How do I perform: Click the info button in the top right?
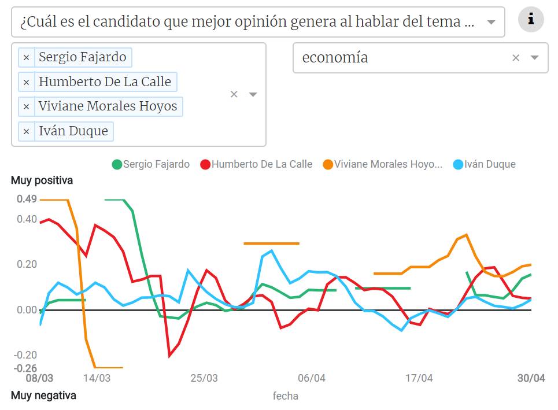(531, 20)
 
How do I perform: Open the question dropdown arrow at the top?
(491, 23)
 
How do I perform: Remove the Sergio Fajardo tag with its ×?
(26, 57)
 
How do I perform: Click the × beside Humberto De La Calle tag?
(26, 82)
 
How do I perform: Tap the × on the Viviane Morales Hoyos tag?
(26, 106)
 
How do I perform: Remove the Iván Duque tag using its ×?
(26, 131)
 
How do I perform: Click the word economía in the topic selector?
(335, 58)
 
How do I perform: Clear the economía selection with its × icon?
(516, 58)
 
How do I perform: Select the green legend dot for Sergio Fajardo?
(117, 164)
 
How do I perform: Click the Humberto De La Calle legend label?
(261, 164)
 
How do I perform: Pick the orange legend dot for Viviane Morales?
(328, 164)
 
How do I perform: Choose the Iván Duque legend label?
(490, 164)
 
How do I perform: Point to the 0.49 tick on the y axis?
(27, 200)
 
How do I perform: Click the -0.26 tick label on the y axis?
(25, 368)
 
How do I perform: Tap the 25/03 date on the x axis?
(204, 378)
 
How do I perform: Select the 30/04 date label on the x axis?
(531, 378)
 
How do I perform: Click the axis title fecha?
(285, 396)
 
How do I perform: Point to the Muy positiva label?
(42, 180)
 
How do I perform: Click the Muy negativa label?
(43, 396)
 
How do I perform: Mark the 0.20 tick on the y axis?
(27, 265)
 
